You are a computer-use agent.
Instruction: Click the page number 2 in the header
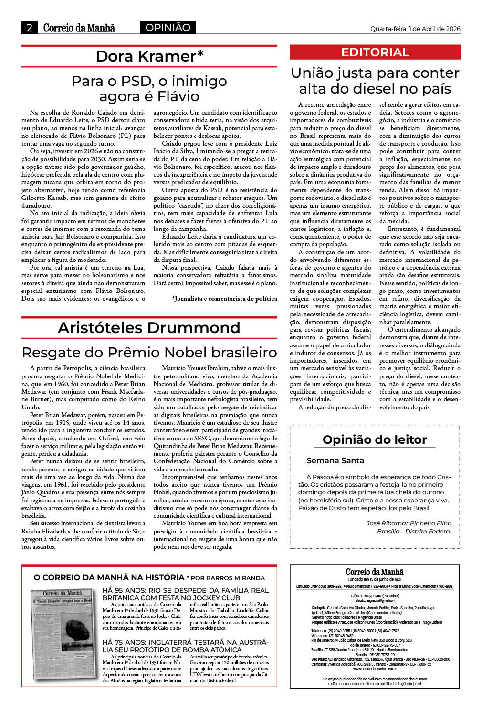coord(29,28)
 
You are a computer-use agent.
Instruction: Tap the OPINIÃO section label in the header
coord(168,28)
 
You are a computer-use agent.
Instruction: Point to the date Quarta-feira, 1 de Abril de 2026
coord(415,29)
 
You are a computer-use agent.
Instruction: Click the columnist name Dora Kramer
coord(149,56)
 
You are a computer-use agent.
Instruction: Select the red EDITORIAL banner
coord(375,52)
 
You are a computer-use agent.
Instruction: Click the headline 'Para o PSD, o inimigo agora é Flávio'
coord(149,89)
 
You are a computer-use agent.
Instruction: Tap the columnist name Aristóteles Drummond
coord(149,328)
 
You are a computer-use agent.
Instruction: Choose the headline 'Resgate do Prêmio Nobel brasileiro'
coord(149,353)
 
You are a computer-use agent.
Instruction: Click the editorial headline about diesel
coord(375,81)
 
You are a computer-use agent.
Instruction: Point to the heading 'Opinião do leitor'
coord(375,439)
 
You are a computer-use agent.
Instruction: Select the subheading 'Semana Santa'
coord(335,461)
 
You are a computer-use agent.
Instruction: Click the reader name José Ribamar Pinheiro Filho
coord(409,523)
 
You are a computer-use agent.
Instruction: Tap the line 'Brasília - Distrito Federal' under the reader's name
coord(414,532)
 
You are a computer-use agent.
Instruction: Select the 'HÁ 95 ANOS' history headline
coord(185,594)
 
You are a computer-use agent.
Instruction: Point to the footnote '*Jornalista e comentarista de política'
coord(224,299)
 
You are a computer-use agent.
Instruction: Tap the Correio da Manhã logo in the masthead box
coord(375,572)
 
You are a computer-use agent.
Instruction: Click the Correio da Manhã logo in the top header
coord(79,28)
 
